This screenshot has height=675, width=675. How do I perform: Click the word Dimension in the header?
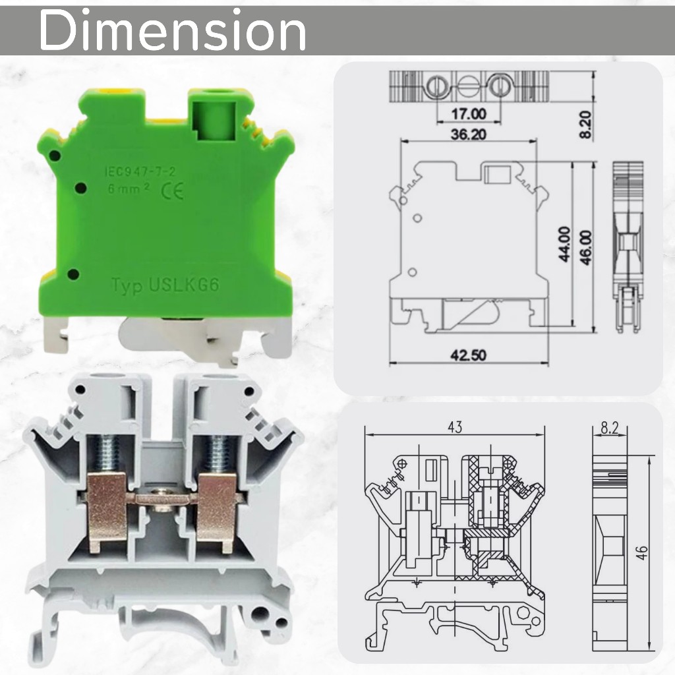[x=173, y=31]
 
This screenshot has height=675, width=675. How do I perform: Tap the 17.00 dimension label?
[x=469, y=114]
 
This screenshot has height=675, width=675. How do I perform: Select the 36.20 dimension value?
[x=469, y=134]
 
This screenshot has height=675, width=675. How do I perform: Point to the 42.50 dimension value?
[x=469, y=355]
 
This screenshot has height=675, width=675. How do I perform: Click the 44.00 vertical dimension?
[x=564, y=244]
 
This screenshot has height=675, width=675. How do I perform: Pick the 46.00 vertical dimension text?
[x=586, y=248]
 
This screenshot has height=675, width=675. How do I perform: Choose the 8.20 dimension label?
[x=585, y=125]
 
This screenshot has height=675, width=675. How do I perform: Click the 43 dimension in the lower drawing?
[x=455, y=427]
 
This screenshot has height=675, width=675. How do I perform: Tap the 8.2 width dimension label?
[x=610, y=428]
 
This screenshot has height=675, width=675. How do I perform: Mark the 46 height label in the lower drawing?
[x=641, y=552]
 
